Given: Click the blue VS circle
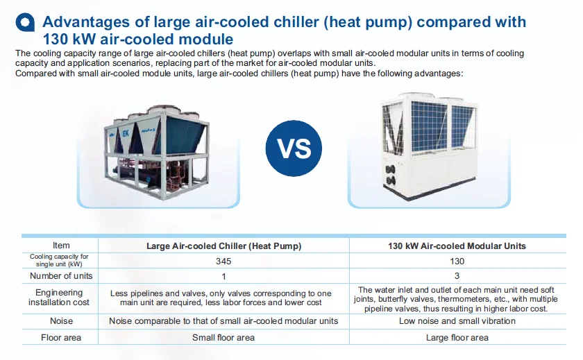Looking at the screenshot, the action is pos(294,148).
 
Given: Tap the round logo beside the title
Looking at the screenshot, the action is pos(25,22).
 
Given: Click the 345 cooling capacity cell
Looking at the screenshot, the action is pos(223,262).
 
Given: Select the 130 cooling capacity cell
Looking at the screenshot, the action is pos(457,262).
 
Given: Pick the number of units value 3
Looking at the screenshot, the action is pos(457,276).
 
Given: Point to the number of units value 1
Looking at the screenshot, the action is pos(223,276).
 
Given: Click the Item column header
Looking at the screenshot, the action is pos(61,246).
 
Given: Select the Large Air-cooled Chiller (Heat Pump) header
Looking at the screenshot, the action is pos(223,246).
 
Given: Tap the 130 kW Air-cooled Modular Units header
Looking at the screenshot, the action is pos(457,246).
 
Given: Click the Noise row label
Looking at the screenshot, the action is pos(61,321).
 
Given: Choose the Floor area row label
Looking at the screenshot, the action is pos(61,338).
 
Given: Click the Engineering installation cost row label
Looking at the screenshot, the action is pos(59,298).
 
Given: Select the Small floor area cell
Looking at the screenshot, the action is pos(223,338).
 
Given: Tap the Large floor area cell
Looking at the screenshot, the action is pos(457,338).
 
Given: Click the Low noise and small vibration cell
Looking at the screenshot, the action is pos(457,321).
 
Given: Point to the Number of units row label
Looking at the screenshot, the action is pos(61,276).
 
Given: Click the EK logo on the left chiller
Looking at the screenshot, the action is pos(126,133).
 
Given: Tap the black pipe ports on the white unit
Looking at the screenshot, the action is pos(390,175).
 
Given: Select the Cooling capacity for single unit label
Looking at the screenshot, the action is pos(59,260).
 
